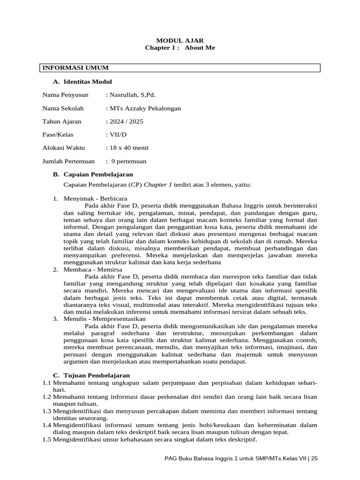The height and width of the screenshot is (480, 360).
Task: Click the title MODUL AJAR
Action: coord(180,40)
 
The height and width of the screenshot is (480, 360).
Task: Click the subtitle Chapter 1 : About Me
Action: coord(180,48)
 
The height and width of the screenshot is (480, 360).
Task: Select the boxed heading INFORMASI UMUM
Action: coord(69,68)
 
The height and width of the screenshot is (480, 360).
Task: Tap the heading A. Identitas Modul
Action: coord(82,82)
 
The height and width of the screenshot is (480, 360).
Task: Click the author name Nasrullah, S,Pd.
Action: coord(130,95)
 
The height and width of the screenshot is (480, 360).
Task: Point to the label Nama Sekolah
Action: coord(63,108)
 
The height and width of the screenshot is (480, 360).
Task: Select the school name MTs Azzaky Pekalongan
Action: coord(143,108)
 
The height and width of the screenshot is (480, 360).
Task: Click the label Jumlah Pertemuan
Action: coord(68,161)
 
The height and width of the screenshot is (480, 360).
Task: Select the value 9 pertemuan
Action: coord(128,161)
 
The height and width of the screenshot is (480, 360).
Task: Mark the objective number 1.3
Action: coord(46,411)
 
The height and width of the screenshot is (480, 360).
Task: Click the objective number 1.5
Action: coord(46,440)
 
